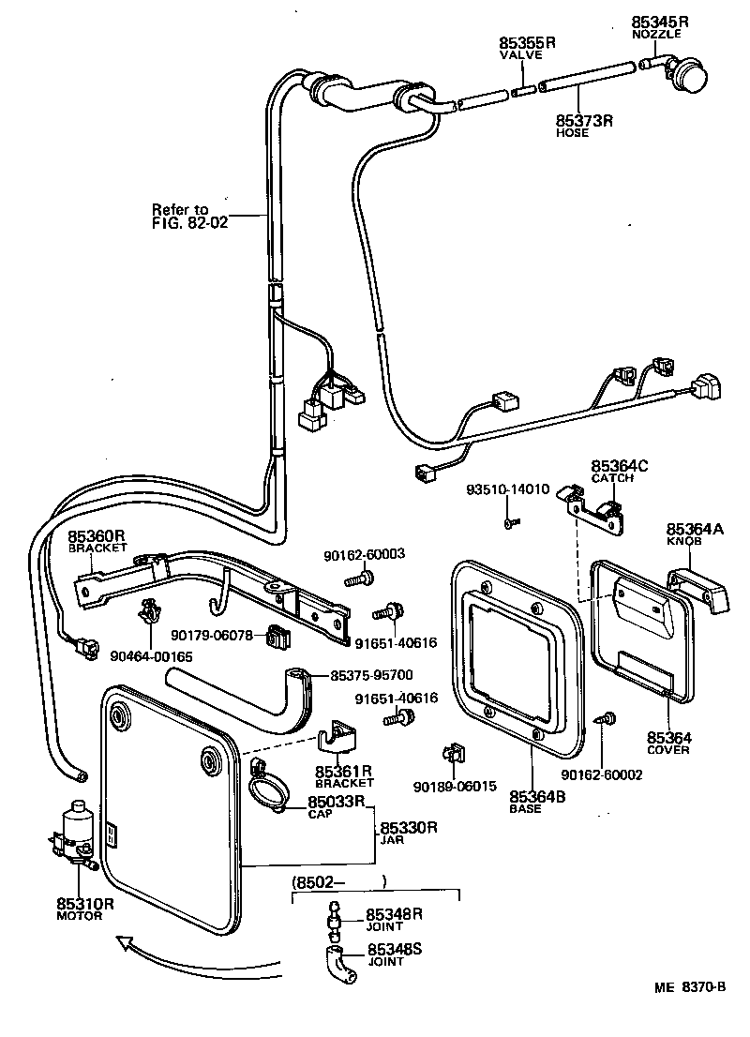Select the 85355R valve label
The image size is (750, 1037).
pos(527,43)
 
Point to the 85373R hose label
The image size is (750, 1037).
pos(583,120)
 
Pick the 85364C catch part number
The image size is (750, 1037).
pos(620,466)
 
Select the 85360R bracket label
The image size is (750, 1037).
pos(97,536)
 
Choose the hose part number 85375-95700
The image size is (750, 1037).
pos(372,675)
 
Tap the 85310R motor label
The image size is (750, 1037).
pos(84,904)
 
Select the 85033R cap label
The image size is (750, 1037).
pos(336,803)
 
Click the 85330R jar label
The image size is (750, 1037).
pos(410,829)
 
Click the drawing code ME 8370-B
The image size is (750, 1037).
pos(692,987)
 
